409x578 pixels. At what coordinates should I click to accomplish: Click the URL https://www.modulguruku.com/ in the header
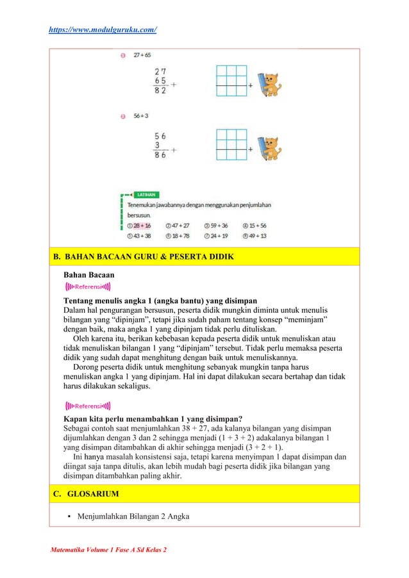[x=103, y=29]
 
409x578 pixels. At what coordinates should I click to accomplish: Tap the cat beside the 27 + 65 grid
[x=272, y=84]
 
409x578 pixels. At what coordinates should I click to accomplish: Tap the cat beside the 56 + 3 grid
[x=272, y=149]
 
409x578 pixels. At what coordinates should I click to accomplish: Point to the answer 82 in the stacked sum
[x=160, y=91]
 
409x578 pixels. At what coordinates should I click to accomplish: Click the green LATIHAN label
[x=147, y=194]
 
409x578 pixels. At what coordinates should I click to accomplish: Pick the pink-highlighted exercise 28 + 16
[x=139, y=226]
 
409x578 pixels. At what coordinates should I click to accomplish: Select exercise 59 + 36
[x=216, y=226]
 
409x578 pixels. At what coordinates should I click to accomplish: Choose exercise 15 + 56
[x=255, y=226]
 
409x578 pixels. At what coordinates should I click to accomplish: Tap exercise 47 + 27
[x=178, y=226]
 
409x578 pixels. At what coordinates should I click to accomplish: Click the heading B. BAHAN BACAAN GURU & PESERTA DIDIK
[x=143, y=258]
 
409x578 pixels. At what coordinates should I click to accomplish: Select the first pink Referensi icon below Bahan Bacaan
[x=88, y=286]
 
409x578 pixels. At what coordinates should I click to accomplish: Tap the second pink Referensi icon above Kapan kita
[x=88, y=406]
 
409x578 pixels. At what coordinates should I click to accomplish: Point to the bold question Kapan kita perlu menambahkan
[x=153, y=420]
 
